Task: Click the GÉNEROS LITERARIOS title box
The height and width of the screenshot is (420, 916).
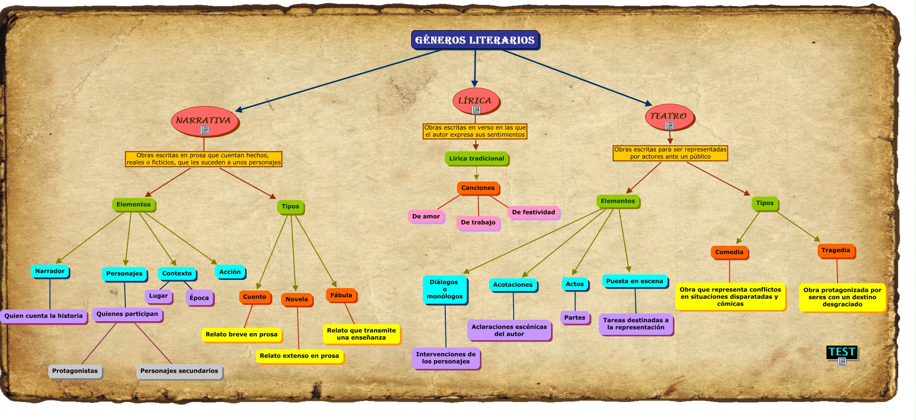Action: (475, 40)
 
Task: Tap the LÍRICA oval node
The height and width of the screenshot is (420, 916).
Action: (475, 99)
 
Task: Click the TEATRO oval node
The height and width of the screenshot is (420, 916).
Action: (669, 115)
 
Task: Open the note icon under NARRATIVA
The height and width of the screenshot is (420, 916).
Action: (205, 130)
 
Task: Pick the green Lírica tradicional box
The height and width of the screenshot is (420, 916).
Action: (477, 158)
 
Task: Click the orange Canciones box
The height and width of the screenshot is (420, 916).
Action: (478, 188)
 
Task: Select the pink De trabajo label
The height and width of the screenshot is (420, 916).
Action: (478, 222)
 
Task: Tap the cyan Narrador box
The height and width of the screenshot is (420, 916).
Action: (50, 271)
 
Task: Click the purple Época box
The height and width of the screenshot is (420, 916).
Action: (199, 298)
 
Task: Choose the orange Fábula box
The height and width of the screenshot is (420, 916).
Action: (341, 295)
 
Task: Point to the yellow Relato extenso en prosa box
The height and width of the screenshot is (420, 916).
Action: (299, 356)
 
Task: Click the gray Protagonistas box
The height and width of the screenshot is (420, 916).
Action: (75, 371)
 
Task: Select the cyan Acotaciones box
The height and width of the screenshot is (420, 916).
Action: (513, 285)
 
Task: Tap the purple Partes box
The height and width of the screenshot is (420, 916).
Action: (575, 318)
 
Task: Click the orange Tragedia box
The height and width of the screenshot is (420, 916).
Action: (836, 250)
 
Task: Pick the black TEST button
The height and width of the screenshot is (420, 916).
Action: (841, 352)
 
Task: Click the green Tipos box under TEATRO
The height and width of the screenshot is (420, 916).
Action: (764, 203)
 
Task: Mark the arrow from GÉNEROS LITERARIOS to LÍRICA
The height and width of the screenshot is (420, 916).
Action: (475, 68)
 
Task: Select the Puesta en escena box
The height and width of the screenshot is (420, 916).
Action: (634, 281)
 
